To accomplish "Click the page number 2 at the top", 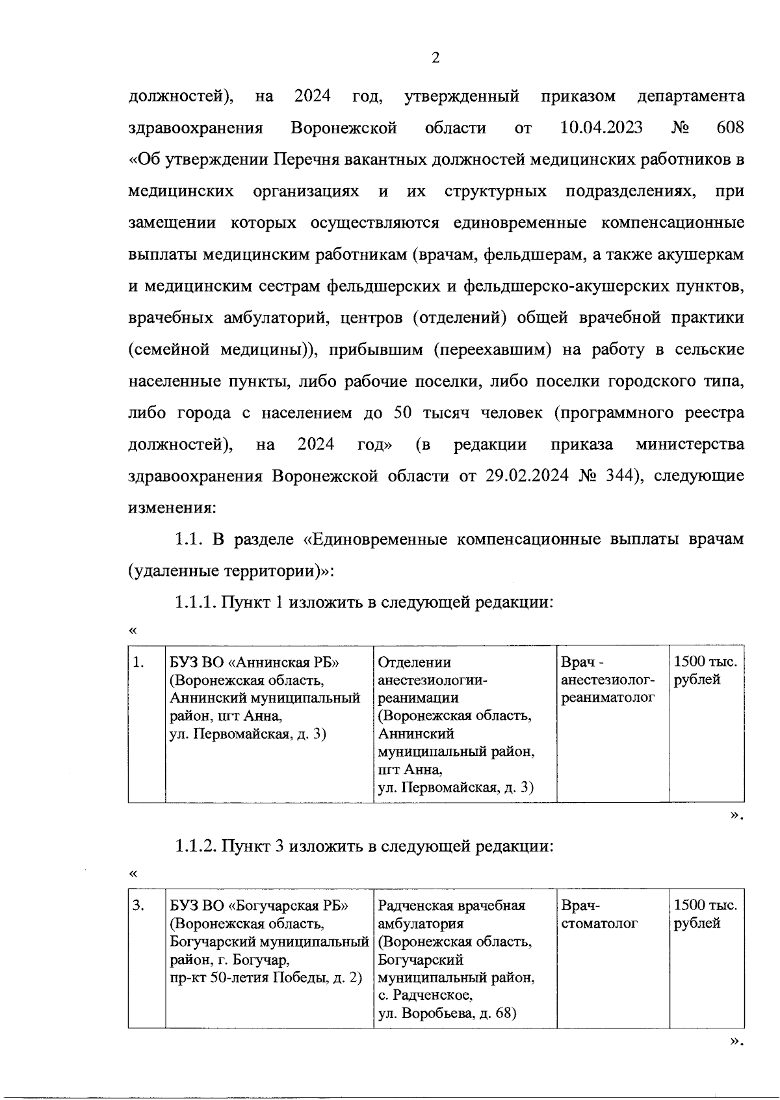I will point(435,59).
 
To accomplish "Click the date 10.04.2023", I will point(601,127).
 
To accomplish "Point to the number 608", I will point(730,127).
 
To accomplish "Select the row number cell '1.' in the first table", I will point(138,663).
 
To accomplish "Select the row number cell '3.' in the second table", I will point(138,905).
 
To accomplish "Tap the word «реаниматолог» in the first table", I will point(607,698).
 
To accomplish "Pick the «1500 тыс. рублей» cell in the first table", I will point(705,671).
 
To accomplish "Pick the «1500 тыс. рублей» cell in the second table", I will point(705,914).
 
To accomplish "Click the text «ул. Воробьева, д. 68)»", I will point(447,1013).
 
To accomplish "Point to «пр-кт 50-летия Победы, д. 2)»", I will point(266,978).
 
